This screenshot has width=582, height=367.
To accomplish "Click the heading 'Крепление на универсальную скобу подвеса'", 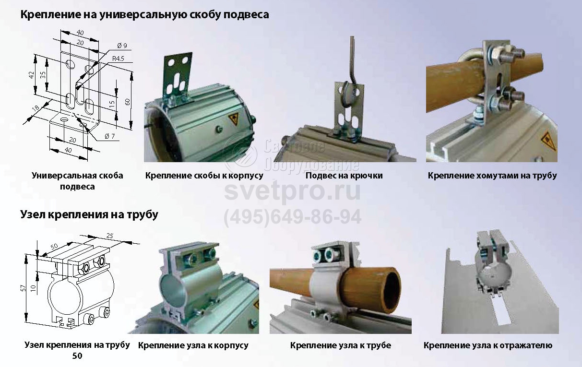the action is [144, 14].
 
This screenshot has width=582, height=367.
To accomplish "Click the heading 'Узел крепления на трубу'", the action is [89, 215].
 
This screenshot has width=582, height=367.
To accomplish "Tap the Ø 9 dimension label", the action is [122, 46].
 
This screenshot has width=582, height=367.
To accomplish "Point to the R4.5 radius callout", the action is [118, 59].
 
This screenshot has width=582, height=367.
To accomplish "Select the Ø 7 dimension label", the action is [110, 136].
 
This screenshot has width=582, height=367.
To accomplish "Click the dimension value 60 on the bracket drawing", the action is [127, 102].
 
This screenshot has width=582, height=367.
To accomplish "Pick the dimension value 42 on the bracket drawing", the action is [32, 75].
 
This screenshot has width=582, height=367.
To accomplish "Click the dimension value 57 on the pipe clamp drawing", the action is [24, 288].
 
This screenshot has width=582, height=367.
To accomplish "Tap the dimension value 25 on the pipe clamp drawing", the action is [110, 236].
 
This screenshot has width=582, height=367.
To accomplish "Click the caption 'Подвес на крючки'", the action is [344, 176].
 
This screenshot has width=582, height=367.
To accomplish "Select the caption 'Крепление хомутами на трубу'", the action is [492, 176].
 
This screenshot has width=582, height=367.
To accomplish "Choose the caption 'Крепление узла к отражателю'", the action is [488, 345].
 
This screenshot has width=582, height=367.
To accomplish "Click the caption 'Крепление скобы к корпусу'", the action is [204, 176].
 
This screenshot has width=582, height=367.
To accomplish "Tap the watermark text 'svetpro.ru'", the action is [292, 191].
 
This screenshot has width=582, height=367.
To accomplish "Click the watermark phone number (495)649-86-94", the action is [293, 217].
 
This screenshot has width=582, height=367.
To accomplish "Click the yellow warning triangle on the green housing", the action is [234, 120].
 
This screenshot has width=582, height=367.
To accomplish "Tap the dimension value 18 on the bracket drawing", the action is [36, 108].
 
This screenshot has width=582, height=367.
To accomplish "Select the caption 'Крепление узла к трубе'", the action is [341, 345].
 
